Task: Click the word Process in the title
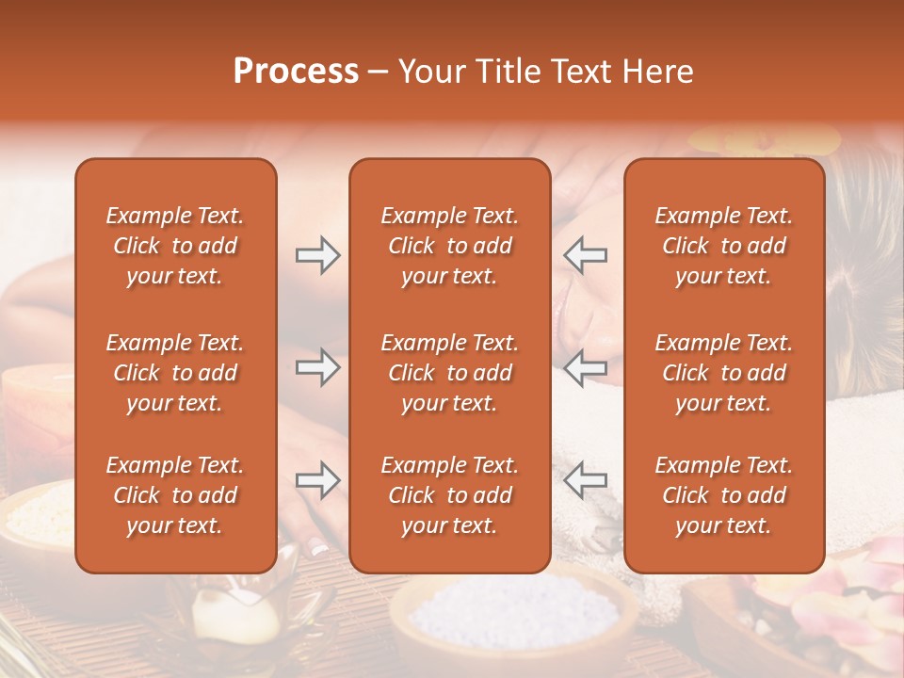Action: click(x=296, y=72)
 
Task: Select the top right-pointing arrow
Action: click(x=317, y=254)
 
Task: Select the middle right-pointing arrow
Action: click(x=317, y=367)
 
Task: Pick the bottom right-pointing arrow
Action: click(x=317, y=481)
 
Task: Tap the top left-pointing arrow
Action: click(x=585, y=254)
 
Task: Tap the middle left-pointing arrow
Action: click(x=585, y=367)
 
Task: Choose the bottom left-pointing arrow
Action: click(x=585, y=481)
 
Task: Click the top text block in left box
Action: click(x=175, y=246)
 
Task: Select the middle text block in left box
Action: click(x=175, y=373)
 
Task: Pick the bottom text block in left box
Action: click(x=175, y=495)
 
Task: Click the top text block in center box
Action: click(x=449, y=246)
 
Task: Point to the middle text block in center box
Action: click(x=449, y=373)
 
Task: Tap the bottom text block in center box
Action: click(x=449, y=495)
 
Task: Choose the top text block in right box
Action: click(x=723, y=246)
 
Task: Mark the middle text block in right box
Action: click(x=723, y=373)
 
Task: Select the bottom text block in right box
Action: click(x=723, y=495)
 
